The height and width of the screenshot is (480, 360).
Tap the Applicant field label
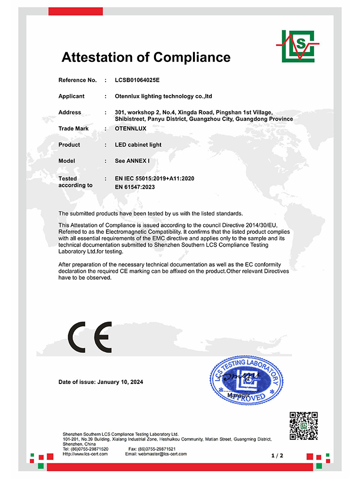click(x=71, y=96)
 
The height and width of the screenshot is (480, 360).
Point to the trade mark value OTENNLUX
click(x=131, y=129)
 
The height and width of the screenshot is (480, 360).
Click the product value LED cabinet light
click(x=138, y=145)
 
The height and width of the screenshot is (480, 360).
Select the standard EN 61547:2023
click(x=135, y=187)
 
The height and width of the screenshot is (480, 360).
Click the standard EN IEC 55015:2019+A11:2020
click(x=154, y=179)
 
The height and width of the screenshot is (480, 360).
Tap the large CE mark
click(x=90, y=337)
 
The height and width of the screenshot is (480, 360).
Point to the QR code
click(x=304, y=426)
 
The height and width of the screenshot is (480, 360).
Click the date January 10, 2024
click(x=120, y=382)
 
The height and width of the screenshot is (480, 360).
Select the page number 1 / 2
click(x=277, y=455)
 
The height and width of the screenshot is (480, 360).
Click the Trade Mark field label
click(x=73, y=129)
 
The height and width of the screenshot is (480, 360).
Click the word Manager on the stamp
click(x=239, y=395)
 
